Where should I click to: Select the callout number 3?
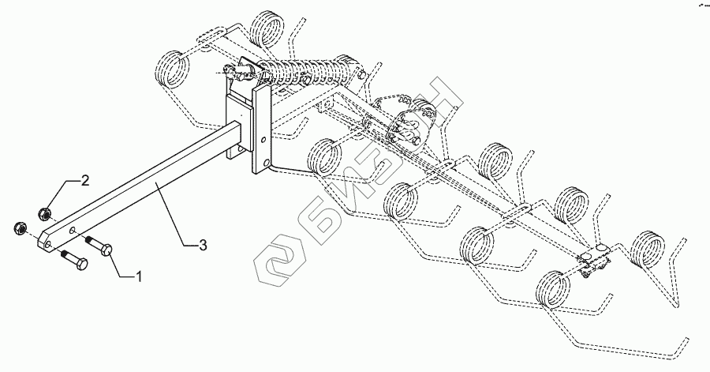[x=203, y=246]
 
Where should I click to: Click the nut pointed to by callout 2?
[x=46, y=212]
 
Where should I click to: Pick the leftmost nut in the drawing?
[x=20, y=229]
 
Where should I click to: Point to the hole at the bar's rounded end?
[x=50, y=245]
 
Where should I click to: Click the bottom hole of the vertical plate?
[x=267, y=164]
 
